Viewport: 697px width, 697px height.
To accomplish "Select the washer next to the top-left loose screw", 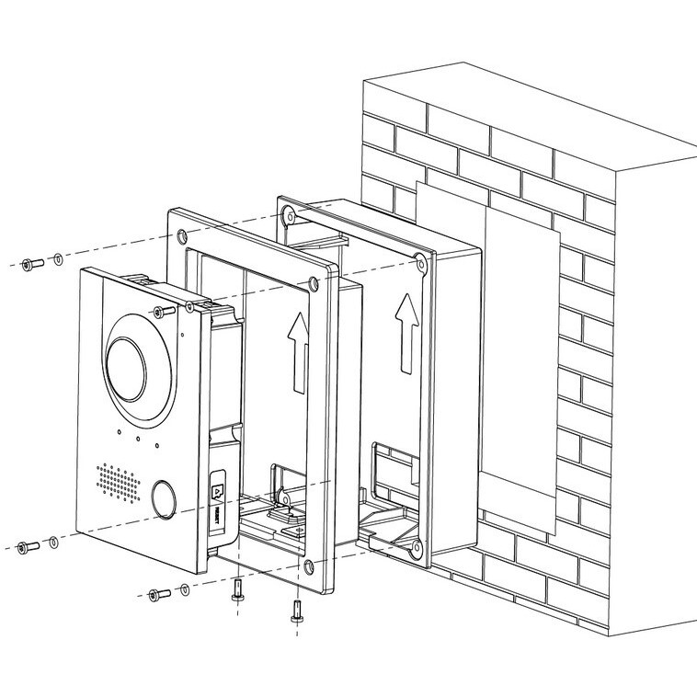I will pos(58,260).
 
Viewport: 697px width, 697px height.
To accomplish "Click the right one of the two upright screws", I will pos(296,610).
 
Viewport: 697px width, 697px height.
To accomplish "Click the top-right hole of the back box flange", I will pos(420,264).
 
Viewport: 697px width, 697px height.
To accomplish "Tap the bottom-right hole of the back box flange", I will pos(417,549).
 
